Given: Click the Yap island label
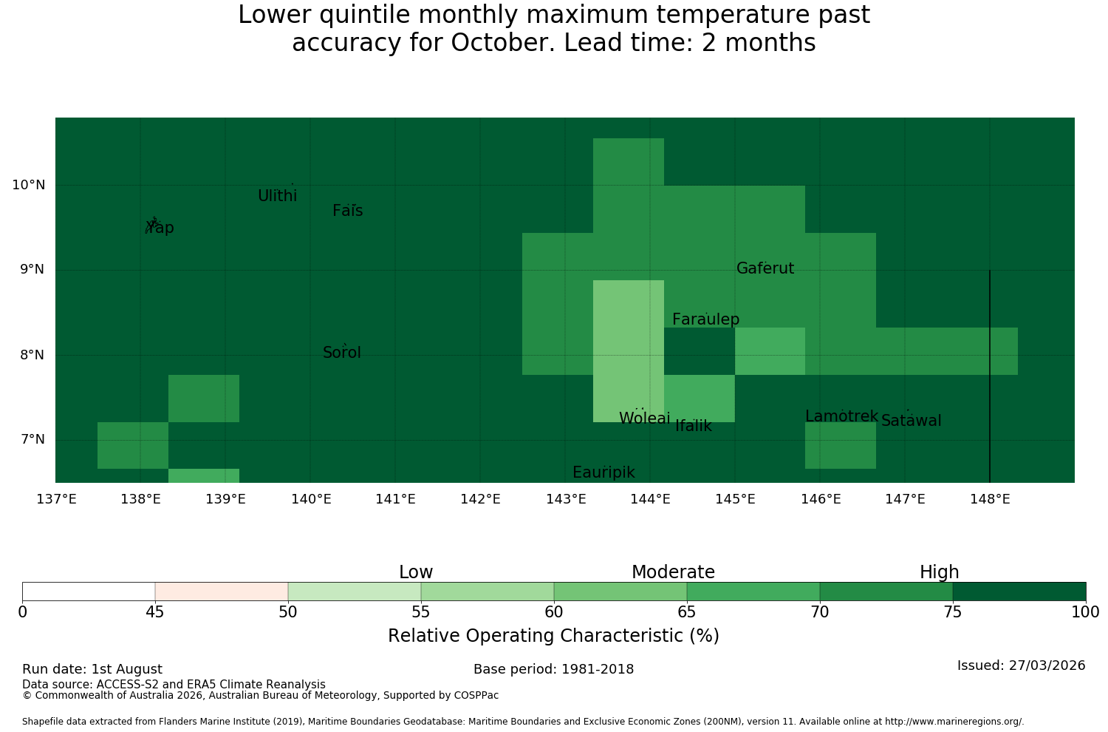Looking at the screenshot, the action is coord(160,228).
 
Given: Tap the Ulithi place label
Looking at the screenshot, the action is coord(278,196).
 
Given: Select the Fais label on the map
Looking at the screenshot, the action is coord(348,211).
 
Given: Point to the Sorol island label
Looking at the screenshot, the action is coord(342,353).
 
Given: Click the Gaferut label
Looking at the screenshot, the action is coord(765,268).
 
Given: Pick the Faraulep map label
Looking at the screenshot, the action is coord(706,319).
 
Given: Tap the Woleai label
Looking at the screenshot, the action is coord(645,418).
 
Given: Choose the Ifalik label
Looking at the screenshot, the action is coord(694,426).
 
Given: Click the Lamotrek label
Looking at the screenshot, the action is coord(842,416).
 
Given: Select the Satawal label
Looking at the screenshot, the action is coord(911,421).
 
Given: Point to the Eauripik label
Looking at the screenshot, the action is coord(603,472).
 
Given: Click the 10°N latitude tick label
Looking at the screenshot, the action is coord(29,186).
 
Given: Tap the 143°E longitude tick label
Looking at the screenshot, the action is coord(566,499).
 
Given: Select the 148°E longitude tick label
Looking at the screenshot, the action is coord(990,499).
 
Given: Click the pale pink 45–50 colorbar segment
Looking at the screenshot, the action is coord(222,592).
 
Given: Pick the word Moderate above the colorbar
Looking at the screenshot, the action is coord(673,572).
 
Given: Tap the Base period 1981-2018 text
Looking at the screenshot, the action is coord(553,670).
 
